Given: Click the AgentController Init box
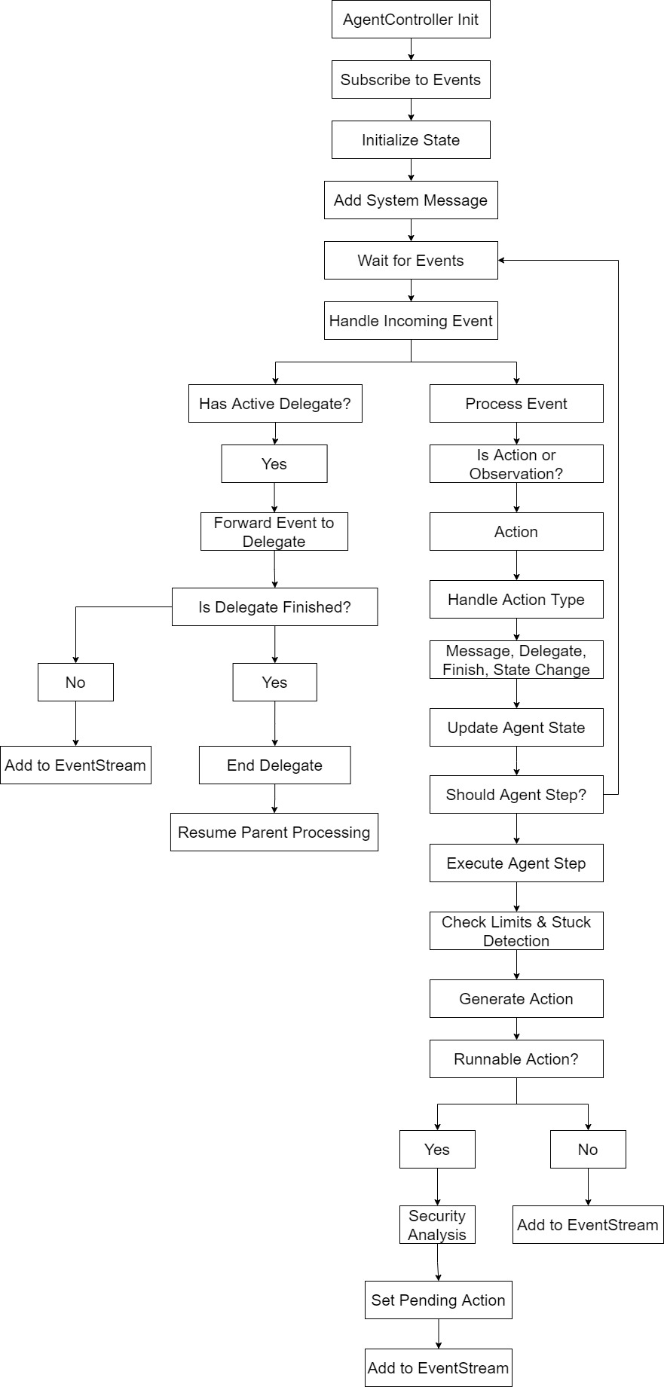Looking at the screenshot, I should pyautogui.click(x=411, y=20).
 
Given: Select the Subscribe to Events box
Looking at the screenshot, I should pyautogui.click(x=411, y=80).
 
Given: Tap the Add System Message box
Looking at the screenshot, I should pyautogui.click(x=411, y=200).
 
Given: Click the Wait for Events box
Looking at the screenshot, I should pyautogui.click(x=411, y=261).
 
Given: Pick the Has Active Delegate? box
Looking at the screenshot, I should pyautogui.click(x=275, y=404).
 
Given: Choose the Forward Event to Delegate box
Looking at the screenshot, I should pyautogui.click(x=274, y=532).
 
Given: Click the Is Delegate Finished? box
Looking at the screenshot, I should pyautogui.click(x=274, y=607).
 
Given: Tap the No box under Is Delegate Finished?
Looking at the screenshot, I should pyautogui.click(x=75, y=683).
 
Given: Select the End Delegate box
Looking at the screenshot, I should pyautogui.click(x=274, y=765).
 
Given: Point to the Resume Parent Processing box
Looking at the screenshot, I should pyautogui.click(x=274, y=833).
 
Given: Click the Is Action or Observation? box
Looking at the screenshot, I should pyautogui.click(x=516, y=464).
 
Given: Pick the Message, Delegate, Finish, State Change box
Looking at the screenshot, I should pyautogui.click(x=516, y=660).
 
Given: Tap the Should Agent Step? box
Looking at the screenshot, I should pyautogui.click(x=516, y=795).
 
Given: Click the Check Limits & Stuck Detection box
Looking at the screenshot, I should pyautogui.click(x=516, y=931).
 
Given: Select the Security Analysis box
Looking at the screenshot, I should pyautogui.click(x=437, y=1225).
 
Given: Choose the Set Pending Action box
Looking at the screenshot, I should pyautogui.click(x=438, y=1300).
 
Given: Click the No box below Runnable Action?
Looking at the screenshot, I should pyautogui.click(x=588, y=1150).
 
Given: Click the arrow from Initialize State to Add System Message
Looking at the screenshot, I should pyautogui.click(x=411, y=170).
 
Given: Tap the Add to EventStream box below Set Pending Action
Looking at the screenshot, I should pyautogui.click(x=438, y=1368).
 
